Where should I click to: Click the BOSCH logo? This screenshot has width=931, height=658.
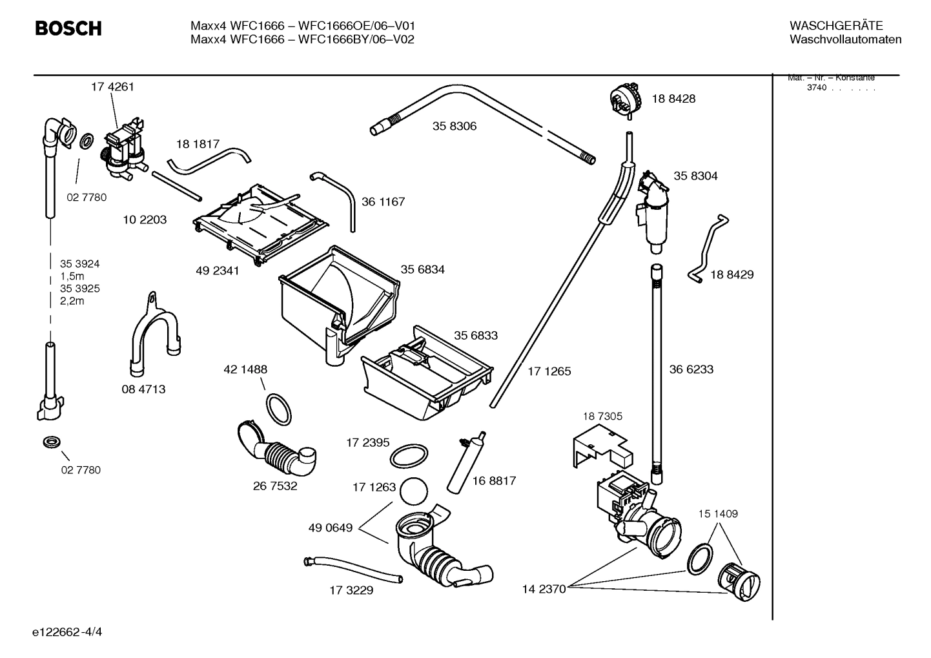pyautogui.click(x=68, y=29)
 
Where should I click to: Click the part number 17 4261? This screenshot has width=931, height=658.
pyautogui.click(x=112, y=87)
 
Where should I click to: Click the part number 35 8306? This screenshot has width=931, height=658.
pyautogui.click(x=455, y=127)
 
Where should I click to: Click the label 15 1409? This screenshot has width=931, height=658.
pyautogui.click(x=717, y=514)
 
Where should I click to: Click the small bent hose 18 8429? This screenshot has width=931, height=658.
pyautogui.click(x=706, y=249)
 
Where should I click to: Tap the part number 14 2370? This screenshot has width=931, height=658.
pyautogui.click(x=544, y=588)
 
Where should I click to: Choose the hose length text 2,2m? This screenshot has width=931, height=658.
pyautogui.click(x=72, y=301)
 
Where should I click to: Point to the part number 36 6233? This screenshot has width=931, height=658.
pyautogui.click(x=691, y=369)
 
